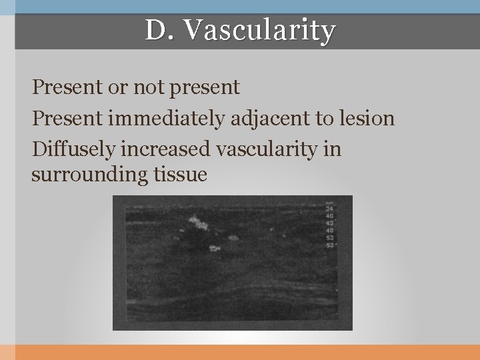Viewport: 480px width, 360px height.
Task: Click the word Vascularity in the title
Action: click(259, 30)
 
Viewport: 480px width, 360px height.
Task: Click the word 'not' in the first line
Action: click(148, 87)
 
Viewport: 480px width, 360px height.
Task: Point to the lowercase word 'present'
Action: click(205, 87)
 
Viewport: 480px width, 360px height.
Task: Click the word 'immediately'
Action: click(159, 119)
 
